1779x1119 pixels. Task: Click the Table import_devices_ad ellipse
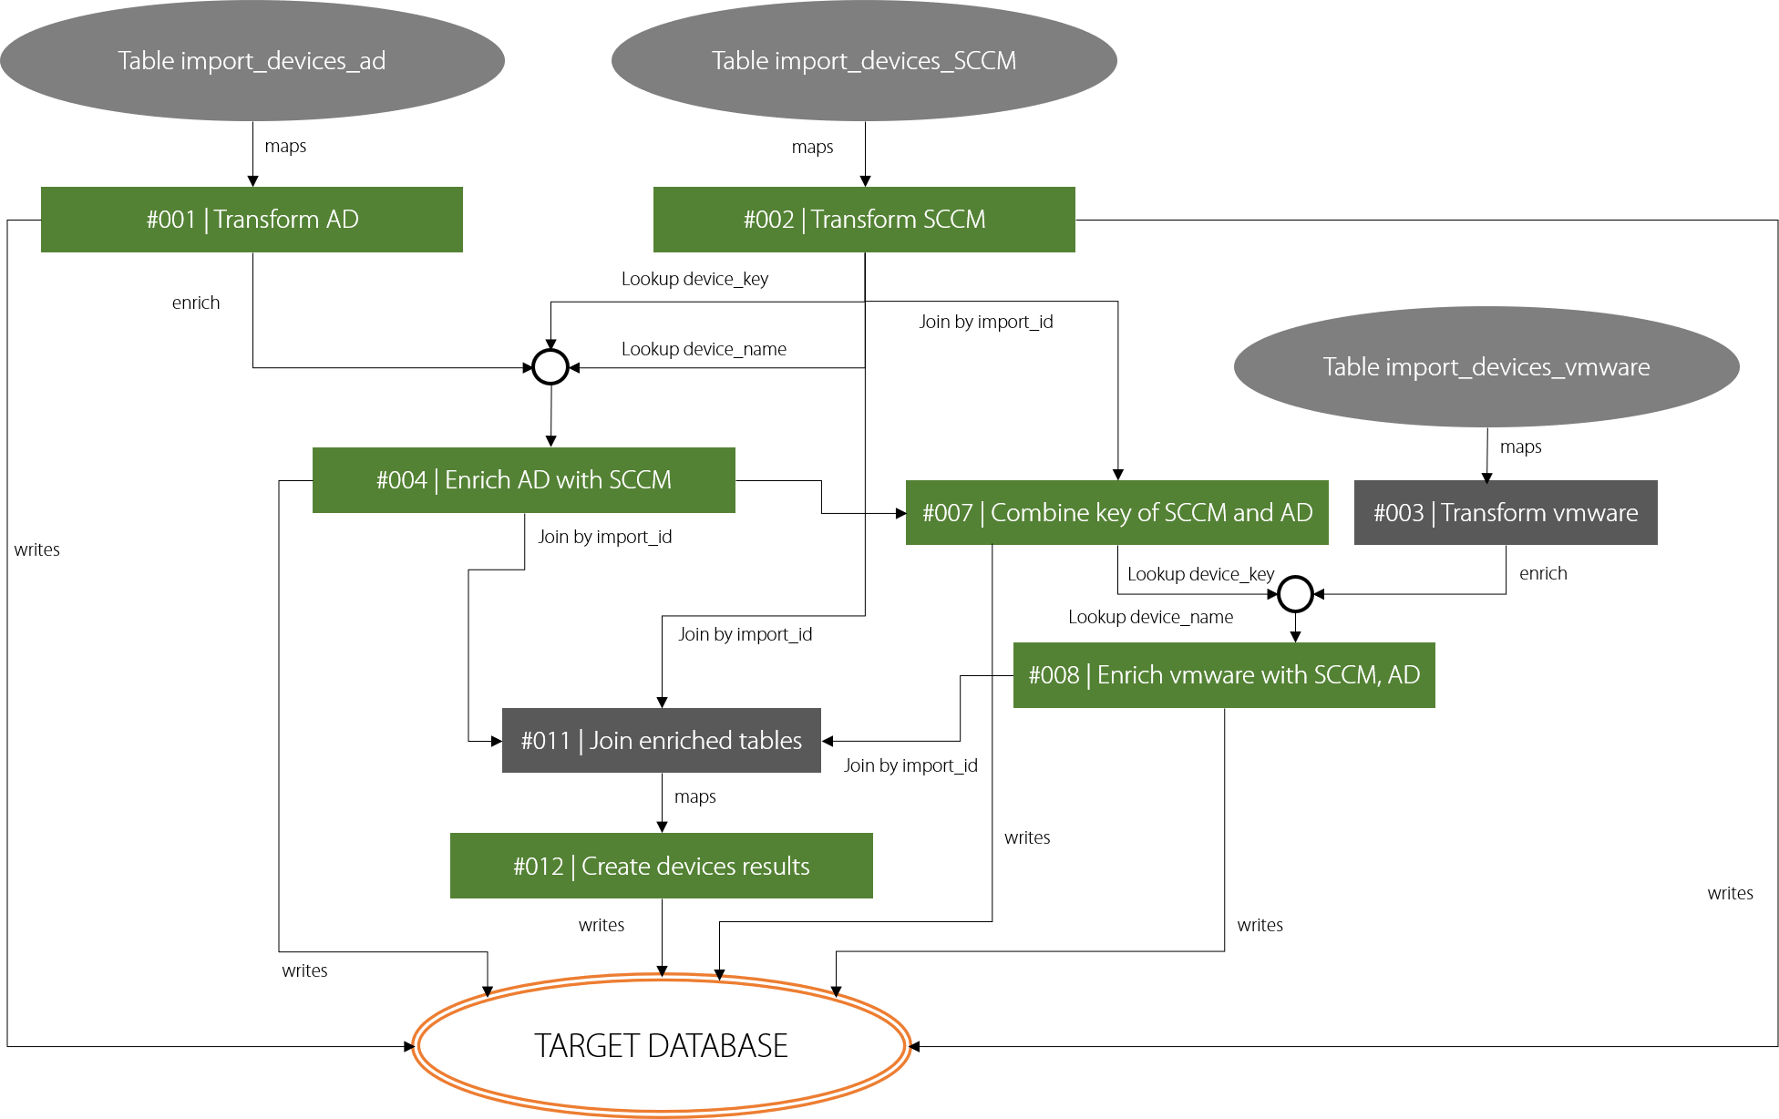pos(252,61)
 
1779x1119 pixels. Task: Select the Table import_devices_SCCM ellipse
pos(863,61)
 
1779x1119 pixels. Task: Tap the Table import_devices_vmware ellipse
pos(1486,367)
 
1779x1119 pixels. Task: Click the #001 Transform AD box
pos(252,220)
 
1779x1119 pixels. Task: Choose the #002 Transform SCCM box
pos(863,220)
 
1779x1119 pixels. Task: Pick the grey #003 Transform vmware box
pos(1505,513)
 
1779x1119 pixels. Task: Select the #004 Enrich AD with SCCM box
pos(523,480)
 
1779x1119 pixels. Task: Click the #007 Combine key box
pos(1116,513)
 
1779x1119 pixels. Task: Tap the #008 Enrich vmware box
pos(1223,675)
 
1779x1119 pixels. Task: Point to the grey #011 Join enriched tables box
pos(661,741)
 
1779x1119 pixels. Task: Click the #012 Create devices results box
pos(661,866)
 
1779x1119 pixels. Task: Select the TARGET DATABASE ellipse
pos(661,1045)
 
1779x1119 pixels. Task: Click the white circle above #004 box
pos(550,367)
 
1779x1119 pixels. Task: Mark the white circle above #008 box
pos(1295,594)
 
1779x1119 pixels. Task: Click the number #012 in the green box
pos(538,867)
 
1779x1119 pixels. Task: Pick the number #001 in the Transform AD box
pos(170,220)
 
